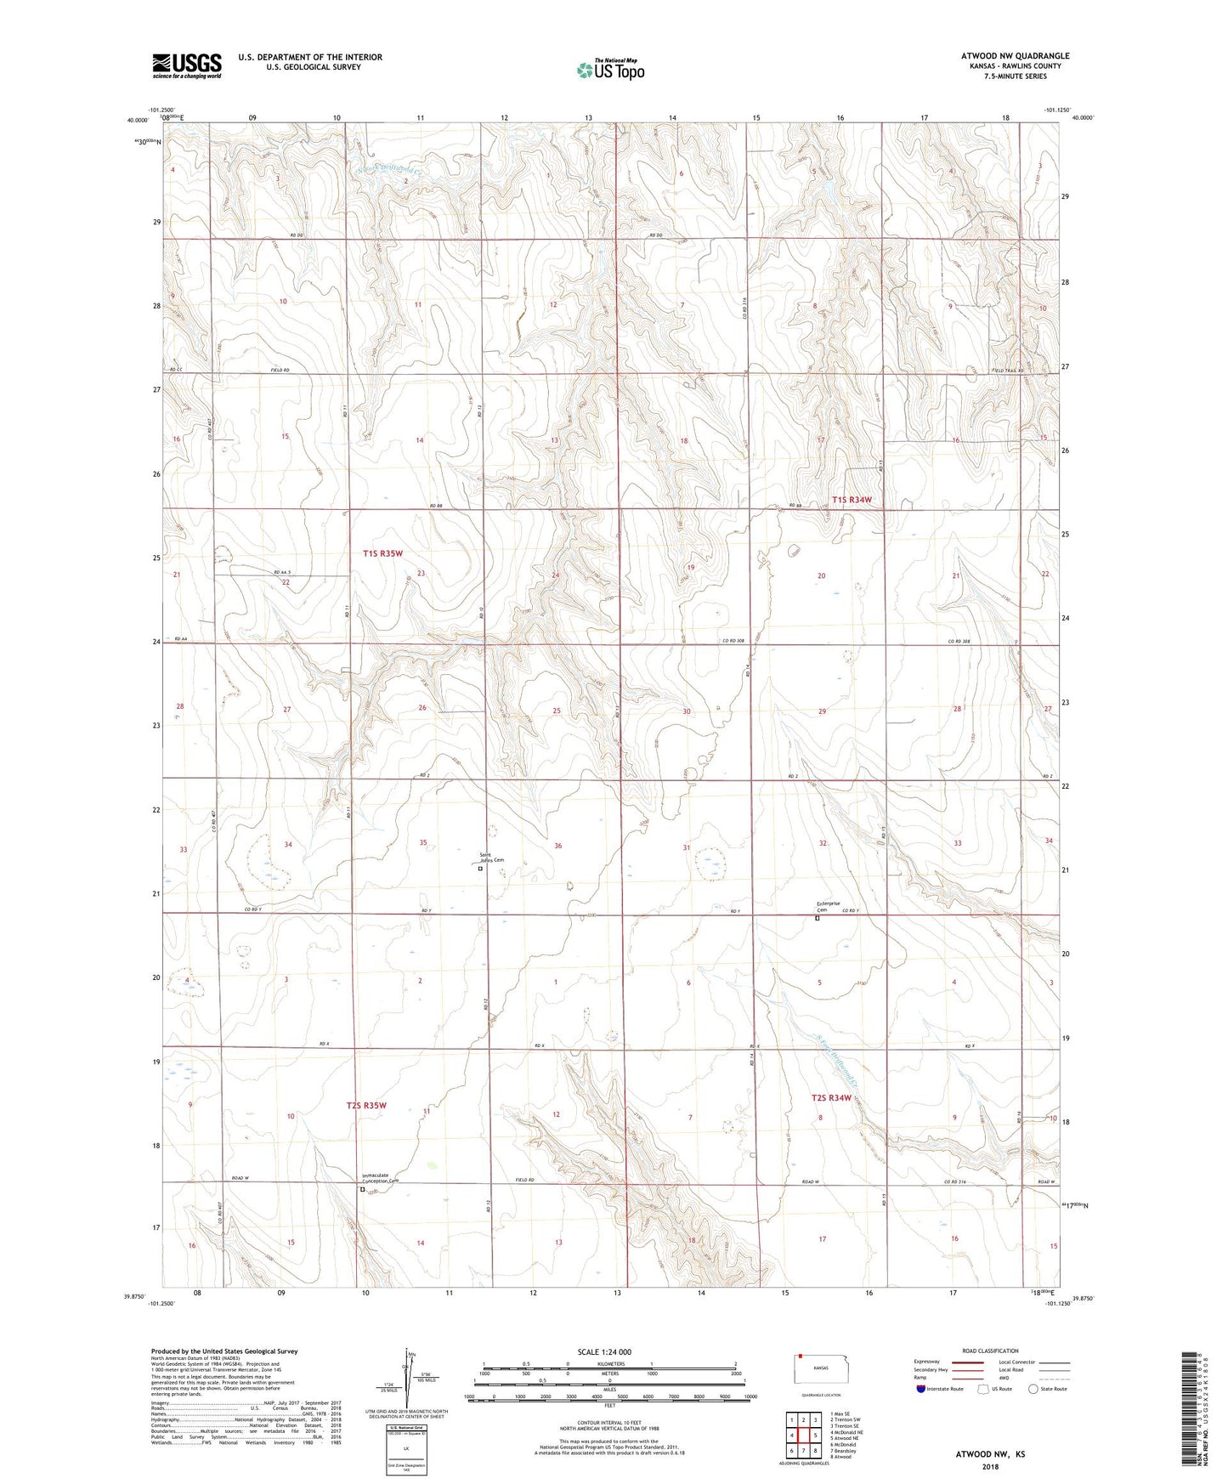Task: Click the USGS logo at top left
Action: pos(187,65)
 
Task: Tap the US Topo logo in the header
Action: pos(610,70)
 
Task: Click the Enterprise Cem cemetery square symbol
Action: pos(818,918)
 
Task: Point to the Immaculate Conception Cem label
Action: pos(379,1178)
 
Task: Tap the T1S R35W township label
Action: pos(382,553)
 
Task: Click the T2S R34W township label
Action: pos(830,1097)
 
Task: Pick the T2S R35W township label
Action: pos(366,1106)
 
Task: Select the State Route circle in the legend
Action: pos(1033,1389)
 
